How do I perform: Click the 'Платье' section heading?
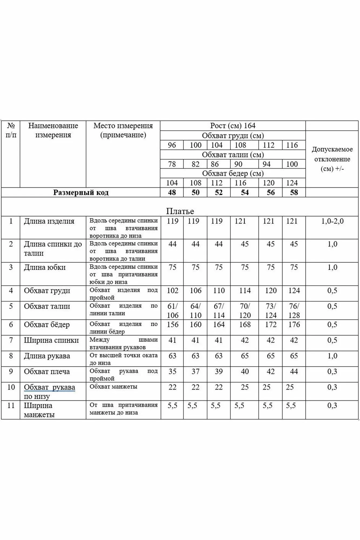click(x=180, y=211)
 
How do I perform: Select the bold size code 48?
click(x=172, y=193)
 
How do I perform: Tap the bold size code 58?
click(x=294, y=193)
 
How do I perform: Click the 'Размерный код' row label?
click(x=81, y=193)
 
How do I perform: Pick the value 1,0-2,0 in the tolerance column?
click(x=332, y=221)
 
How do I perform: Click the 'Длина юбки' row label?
click(x=45, y=268)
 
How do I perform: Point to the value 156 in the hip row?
click(x=172, y=325)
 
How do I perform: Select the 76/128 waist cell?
click(x=294, y=310)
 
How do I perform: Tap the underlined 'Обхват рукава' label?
click(x=49, y=387)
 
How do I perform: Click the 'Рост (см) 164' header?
click(x=233, y=126)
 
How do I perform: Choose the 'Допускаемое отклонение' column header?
click(x=332, y=159)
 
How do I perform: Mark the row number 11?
click(x=11, y=406)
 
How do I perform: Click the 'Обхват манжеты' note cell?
click(x=113, y=387)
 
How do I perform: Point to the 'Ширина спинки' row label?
click(x=51, y=340)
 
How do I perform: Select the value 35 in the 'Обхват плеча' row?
click(x=172, y=372)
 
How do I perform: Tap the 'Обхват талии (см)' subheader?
click(x=233, y=155)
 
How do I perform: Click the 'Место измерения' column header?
click(x=123, y=130)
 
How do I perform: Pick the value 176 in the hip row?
click(x=294, y=325)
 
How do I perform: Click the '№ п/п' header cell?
click(x=11, y=130)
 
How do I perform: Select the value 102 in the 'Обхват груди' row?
click(x=172, y=291)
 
